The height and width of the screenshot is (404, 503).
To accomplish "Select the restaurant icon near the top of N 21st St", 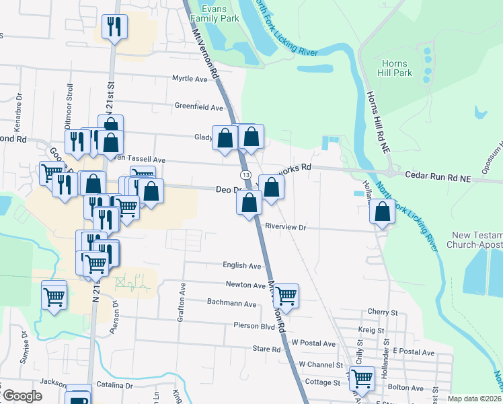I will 113,27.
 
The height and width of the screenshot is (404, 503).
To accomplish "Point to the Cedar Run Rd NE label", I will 438,177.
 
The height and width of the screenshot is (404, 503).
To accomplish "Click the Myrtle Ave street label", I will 190,79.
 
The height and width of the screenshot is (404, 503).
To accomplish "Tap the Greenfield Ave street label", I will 198,107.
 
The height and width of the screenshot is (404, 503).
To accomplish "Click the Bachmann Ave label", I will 232,304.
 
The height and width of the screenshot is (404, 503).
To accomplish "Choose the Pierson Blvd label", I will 254,326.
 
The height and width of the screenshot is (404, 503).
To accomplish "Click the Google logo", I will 22,395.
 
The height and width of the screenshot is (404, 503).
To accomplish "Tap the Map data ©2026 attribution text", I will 474,399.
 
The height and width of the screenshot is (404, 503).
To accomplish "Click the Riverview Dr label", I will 285,228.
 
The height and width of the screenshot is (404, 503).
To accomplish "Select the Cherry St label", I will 383,312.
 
